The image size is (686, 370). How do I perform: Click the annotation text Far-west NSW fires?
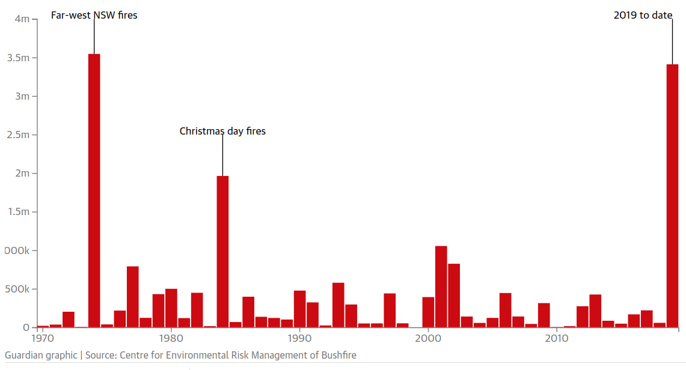pos(94,15)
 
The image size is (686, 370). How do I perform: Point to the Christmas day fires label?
pos(222,131)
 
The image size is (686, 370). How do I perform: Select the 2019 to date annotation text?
pos(642,16)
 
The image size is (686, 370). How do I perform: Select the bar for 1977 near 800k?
pos(133,297)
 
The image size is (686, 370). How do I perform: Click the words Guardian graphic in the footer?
pos(41,355)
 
